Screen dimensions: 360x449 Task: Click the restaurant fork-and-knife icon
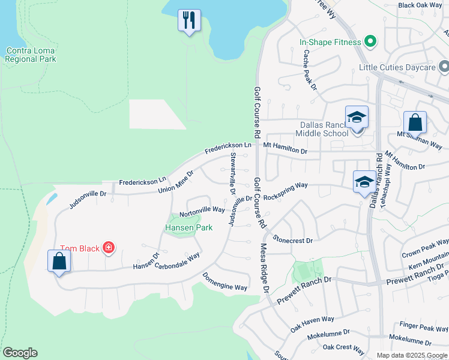click(x=189, y=20)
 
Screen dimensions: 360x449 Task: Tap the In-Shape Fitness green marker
click(x=370, y=42)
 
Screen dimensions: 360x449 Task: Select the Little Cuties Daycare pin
click(x=442, y=67)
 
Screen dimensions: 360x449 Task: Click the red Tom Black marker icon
click(x=108, y=247)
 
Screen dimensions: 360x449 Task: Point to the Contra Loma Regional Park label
click(x=30, y=55)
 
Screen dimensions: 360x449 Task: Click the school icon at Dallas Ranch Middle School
click(x=357, y=118)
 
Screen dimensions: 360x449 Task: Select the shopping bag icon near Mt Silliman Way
click(x=415, y=123)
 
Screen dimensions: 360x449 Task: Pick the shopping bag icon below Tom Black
click(x=59, y=262)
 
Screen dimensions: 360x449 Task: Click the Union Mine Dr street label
click(x=176, y=182)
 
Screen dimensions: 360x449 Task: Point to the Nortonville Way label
click(x=202, y=211)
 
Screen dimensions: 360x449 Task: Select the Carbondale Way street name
click(x=178, y=262)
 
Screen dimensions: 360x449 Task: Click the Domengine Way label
click(x=224, y=283)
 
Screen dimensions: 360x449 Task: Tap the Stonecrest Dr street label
click(x=292, y=240)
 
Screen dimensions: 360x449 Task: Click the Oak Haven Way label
click(x=312, y=324)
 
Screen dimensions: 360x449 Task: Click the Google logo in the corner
click(x=20, y=353)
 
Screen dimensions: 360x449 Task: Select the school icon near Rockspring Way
click(x=364, y=182)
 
